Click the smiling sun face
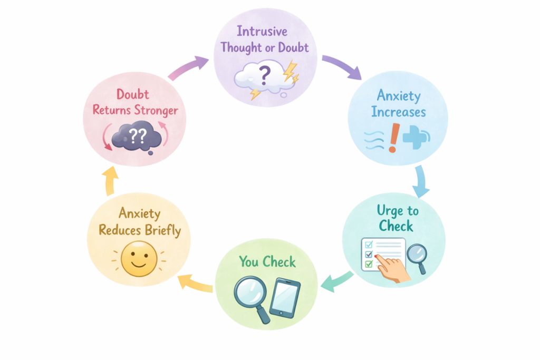[139, 258]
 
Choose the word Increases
[399, 112]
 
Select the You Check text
[267, 261]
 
